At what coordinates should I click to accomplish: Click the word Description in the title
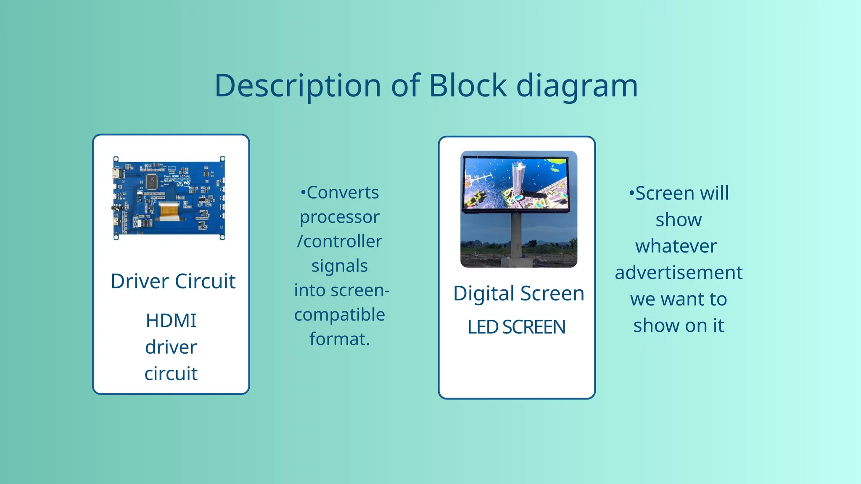[298, 86]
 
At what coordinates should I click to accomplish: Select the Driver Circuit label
[173, 281]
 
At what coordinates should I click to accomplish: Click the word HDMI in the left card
[171, 321]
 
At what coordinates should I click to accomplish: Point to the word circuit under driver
[171, 374]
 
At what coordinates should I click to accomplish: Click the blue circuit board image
[169, 198]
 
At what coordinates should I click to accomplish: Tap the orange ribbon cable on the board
[172, 210]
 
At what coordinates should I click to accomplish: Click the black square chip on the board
[152, 182]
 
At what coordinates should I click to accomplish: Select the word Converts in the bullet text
[342, 193]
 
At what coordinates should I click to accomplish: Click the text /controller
[340, 242]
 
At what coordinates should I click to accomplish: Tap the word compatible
[340, 315]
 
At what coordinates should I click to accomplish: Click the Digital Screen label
[518, 293]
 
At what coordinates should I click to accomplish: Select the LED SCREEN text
[516, 327]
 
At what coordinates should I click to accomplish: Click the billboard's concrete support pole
[517, 237]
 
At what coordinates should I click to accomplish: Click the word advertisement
[679, 273]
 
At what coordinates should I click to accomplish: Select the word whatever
[676, 246]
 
